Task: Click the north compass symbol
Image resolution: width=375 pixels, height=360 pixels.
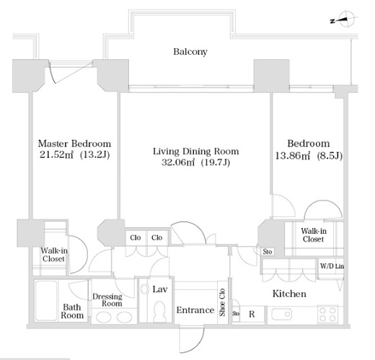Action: (345, 19)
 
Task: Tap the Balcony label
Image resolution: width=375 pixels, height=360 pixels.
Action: (190, 52)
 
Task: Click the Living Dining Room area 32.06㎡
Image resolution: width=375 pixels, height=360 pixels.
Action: (177, 162)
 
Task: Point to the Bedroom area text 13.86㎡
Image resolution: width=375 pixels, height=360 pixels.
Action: (293, 156)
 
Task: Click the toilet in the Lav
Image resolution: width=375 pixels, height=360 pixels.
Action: (159, 310)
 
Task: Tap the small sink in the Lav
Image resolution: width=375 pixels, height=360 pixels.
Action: (144, 289)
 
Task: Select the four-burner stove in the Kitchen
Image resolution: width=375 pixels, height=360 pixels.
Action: (327, 315)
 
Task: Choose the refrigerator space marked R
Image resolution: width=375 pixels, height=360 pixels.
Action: (252, 314)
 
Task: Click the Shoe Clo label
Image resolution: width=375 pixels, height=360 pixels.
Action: (222, 302)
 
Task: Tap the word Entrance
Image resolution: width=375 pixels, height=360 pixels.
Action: (195, 310)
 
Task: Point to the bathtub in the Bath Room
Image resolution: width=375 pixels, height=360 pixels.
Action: (46, 301)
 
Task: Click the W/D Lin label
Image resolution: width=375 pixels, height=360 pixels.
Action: (332, 266)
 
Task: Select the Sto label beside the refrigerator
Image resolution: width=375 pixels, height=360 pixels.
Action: (236, 314)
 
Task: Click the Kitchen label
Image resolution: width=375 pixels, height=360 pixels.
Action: (289, 294)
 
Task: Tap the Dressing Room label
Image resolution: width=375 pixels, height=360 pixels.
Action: (107, 300)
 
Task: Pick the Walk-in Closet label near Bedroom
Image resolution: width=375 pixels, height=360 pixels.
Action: (314, 235)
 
